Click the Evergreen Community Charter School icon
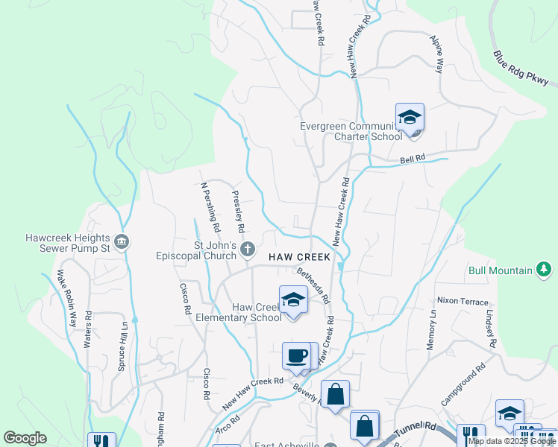(x=410, y=118)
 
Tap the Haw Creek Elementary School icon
(x=293, y=301)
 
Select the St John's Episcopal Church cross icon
(x=248, y=249)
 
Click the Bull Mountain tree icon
(x=545, y=270)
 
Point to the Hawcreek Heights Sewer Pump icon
(x=123, y=241)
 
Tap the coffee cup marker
(x=297, y=355)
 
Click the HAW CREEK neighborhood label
(x=298, y=257)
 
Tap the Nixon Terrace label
(x=463, y=301)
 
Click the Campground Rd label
(x=463, y=384)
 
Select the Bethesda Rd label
(x=313, y=285)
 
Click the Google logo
(x=25, y=438)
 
